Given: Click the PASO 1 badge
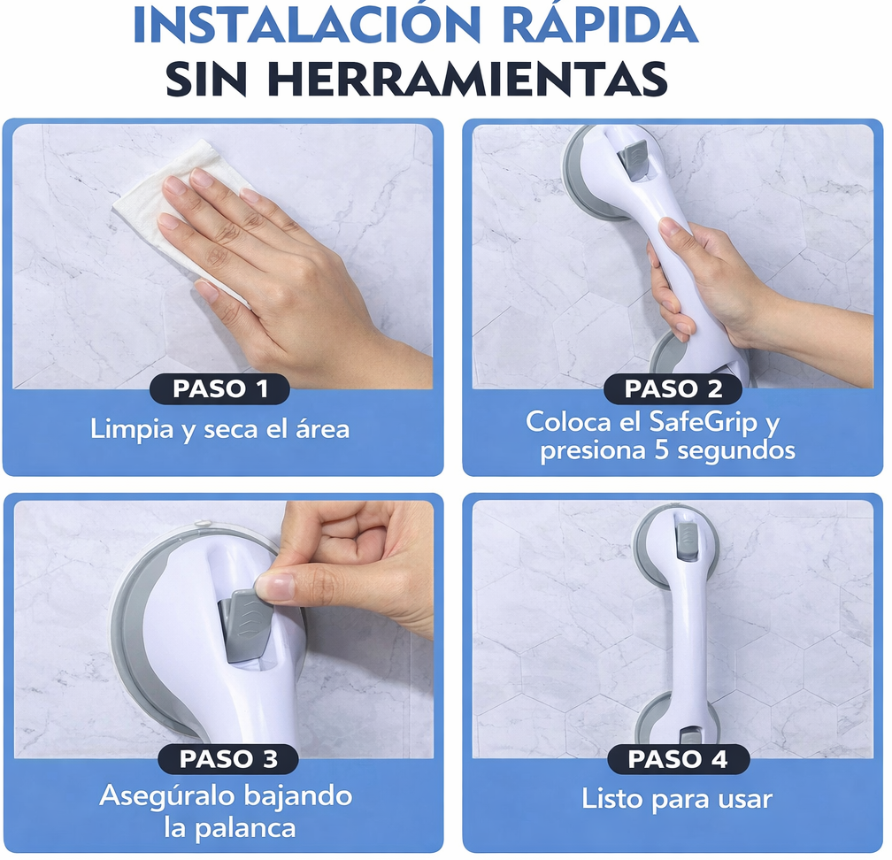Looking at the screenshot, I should click(219, 389).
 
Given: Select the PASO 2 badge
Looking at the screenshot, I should click(673, 389).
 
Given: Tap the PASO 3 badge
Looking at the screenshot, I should click(228, 758).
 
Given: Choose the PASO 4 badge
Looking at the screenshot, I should click(677, 758).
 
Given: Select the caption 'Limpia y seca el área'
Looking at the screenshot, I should click(219, 430).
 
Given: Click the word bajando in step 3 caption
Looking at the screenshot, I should click(301, 795).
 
